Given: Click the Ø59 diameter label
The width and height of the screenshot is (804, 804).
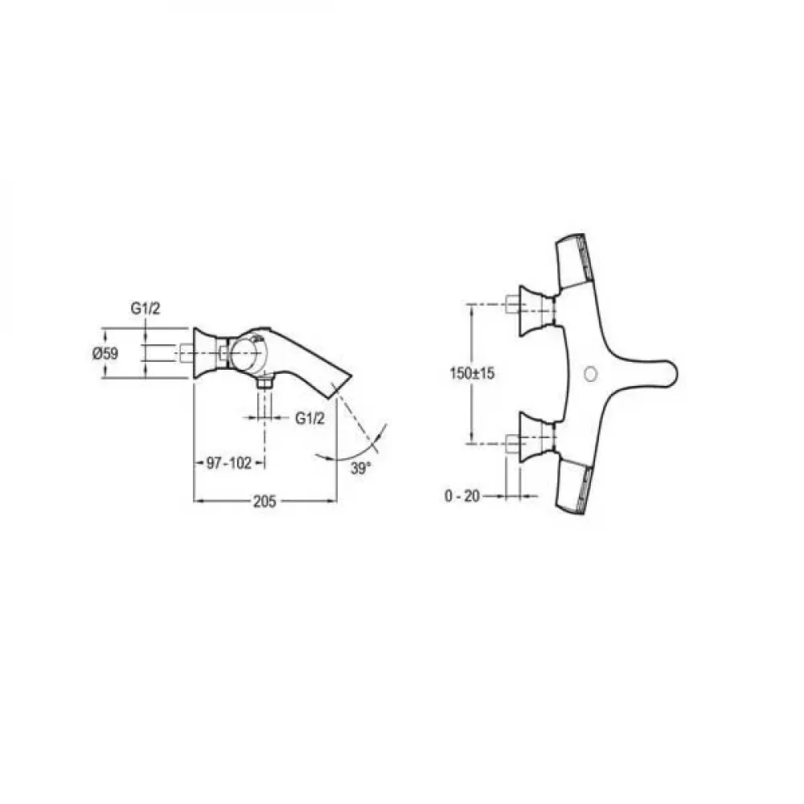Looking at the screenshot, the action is click(x=105, y=353).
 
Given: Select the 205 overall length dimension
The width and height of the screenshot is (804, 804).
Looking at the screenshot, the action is click(x=265, y=501).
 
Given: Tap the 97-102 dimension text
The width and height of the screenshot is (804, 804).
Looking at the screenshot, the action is click(x=229, y=463).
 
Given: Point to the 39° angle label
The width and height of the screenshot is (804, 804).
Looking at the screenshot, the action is click(x=360, y=468).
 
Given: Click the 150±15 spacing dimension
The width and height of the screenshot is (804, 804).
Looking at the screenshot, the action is click(x=472, y=373).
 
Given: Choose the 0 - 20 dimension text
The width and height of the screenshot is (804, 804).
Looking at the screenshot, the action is click(x=462, y=496).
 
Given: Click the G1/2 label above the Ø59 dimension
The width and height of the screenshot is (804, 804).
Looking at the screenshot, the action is click(x=146, y=308).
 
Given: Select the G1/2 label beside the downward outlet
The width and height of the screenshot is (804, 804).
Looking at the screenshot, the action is click(x=310, y=418).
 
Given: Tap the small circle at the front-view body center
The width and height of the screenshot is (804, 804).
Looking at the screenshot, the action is click(x=591, y=374).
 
